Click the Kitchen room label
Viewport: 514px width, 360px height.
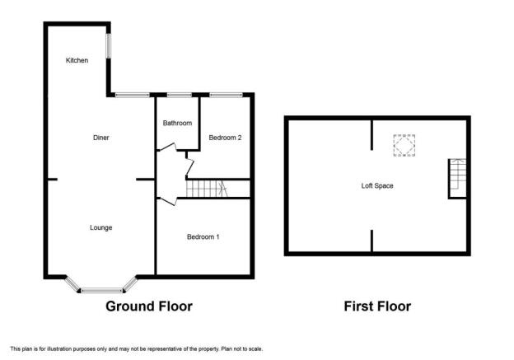coord(77,60)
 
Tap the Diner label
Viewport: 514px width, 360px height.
coord(101,138)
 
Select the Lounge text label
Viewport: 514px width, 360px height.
coord(101,227)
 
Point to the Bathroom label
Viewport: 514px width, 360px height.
coord(177,123)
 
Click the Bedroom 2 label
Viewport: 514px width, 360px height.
coord(225,138)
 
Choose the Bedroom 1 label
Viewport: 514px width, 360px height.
coord(203,236)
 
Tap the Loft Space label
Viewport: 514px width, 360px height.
coord(377,186)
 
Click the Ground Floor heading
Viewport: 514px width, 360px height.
coord(149,306)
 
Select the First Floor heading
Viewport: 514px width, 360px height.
coord(377,306)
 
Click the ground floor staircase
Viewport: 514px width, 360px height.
coord(207,189)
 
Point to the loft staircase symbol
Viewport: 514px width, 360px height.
coord(458,174)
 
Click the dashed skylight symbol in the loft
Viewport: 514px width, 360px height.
coord(404,145)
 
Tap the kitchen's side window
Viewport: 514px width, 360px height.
coord(108,46)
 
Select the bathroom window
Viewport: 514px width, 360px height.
coord(180,95)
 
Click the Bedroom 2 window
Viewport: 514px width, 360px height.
coord(227,95)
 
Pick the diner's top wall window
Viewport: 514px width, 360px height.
coord(133,95)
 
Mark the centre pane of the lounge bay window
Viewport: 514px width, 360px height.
coord(102,290)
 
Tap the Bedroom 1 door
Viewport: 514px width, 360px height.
coord(167,201)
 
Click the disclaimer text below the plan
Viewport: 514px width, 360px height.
coord(137,348)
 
